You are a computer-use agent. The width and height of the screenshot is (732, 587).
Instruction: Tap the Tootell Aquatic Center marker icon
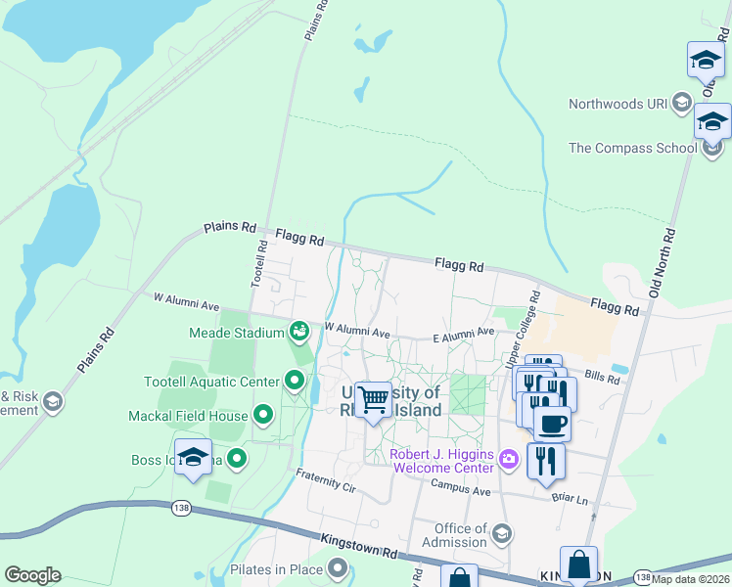coord(294,380)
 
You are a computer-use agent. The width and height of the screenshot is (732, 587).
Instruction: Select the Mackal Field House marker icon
coord(262,416)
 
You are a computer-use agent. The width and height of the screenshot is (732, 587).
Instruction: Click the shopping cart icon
coord(373,399)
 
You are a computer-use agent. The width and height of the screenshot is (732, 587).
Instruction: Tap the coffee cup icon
coord(552,424)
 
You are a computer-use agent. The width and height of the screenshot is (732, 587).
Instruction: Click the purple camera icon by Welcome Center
coord(508,458)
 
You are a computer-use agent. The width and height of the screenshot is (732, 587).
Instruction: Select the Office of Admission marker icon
coord(502,532)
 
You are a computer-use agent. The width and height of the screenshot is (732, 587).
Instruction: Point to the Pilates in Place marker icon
coord(339,567)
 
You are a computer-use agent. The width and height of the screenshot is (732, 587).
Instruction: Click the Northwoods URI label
coord(618,104)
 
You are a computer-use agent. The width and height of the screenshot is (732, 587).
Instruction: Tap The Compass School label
coord(632,149)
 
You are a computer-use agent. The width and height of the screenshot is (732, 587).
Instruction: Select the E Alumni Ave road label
coord(463,335)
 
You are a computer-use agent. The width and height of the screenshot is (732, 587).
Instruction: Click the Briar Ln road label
coord(569,499)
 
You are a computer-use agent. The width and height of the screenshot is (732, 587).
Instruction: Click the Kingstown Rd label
coord(358,547)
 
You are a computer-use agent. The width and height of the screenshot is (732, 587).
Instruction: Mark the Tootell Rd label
coord(262,263)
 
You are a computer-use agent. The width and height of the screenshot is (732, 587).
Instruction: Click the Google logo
coord(32,575)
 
